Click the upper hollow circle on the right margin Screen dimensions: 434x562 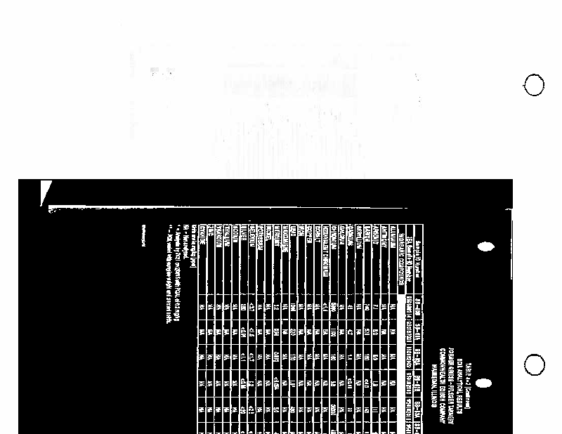point(535,86)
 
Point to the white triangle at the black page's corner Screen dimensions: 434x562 point(46,191)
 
